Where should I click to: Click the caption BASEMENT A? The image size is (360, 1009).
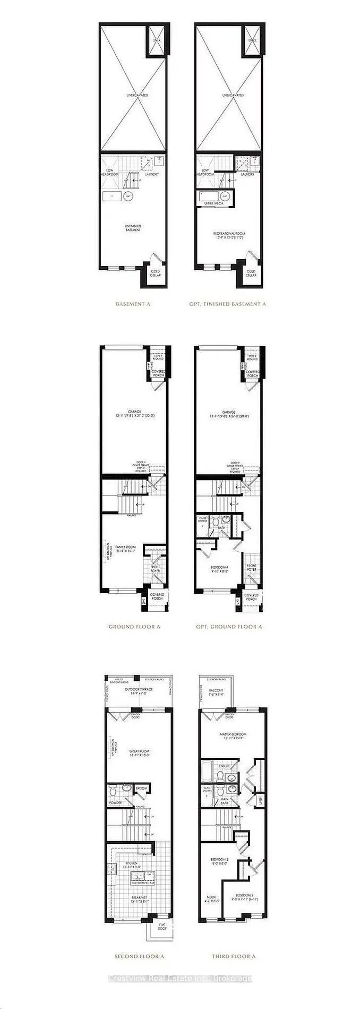pos(133,304)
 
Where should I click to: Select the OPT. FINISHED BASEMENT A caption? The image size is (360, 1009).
pos(227,304)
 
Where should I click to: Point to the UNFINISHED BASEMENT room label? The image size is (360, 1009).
pos(133,228)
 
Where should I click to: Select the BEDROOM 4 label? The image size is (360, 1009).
pos(219,570)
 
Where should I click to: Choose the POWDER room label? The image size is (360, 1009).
pos(115,803)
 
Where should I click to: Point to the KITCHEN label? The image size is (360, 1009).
pos(130,863)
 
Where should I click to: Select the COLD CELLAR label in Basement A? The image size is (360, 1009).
pos(155,273)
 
